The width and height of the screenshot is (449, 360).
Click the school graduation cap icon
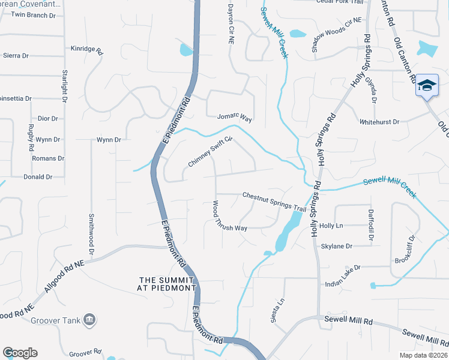pyautogui.click(x=427, y=86)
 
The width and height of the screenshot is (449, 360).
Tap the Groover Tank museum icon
pyautogui.click(x=89, y=319)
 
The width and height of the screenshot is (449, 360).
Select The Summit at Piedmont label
pyautogui.click(x=167, y=284)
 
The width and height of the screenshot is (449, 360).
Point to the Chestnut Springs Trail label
pyautogui.click(x=274, y=201)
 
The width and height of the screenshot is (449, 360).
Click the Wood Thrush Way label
pyautogui.click(x=229, y=217)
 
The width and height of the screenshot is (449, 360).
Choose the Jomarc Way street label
pyautogui.click(x=234, y=117)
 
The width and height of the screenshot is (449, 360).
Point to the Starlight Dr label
pyautogui.click(x=64, y=89)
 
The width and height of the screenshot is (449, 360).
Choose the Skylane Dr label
pyautogui.click(x=337, y=246)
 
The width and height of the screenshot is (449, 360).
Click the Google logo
pyautogui.click(x=20, y=353)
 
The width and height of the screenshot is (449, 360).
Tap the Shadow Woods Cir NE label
pyautogui.click(x=337, y=35)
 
